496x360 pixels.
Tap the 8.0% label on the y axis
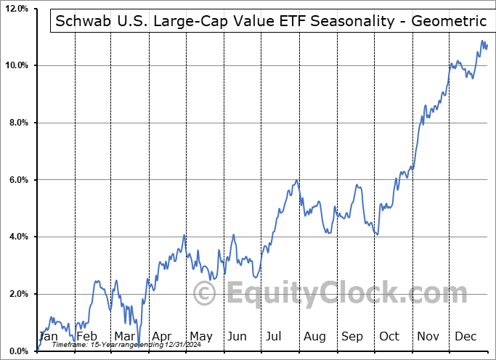pos(17,123)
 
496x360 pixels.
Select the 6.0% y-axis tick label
pos(17,180)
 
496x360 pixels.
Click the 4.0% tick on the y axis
pos(17,237)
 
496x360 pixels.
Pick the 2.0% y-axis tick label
pos(17,294)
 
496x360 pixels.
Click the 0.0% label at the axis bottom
pos(17,351)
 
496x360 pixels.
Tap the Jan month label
pos(48,336)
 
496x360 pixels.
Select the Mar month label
pos(124,336)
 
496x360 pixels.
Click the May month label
pos(200,336)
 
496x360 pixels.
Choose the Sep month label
pos(352,336)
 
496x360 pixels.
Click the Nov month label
pos(428,336)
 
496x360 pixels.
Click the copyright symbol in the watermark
pos(205,294)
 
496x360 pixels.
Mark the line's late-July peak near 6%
pos(296,180)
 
